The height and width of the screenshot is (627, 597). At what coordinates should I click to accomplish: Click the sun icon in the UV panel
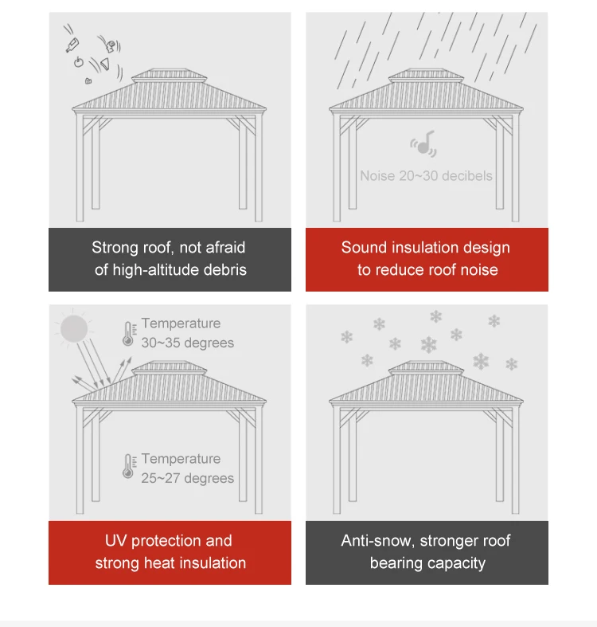[x=73, y=328]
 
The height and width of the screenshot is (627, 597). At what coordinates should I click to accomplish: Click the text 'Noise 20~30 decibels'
[x=426, y=175]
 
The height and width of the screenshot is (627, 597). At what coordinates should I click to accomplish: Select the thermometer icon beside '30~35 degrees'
[x=128, y=333]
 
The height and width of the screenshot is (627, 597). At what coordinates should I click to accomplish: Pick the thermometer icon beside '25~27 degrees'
[x=128, y=467]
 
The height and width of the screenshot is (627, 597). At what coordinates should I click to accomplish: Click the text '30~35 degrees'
[x=188, y=343]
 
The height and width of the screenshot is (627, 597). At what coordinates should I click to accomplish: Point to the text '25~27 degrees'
[x=188, y=478]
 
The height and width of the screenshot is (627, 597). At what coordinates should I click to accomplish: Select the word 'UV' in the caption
[x=116, y=540]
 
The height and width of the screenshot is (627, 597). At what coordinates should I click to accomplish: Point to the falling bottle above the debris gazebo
[x=72, y=40]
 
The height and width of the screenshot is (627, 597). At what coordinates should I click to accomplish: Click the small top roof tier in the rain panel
[x=426, y=76]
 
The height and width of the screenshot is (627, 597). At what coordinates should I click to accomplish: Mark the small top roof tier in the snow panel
[x=426, y=369]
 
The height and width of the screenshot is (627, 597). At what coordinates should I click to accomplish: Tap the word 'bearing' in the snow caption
[x=396, y=563]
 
